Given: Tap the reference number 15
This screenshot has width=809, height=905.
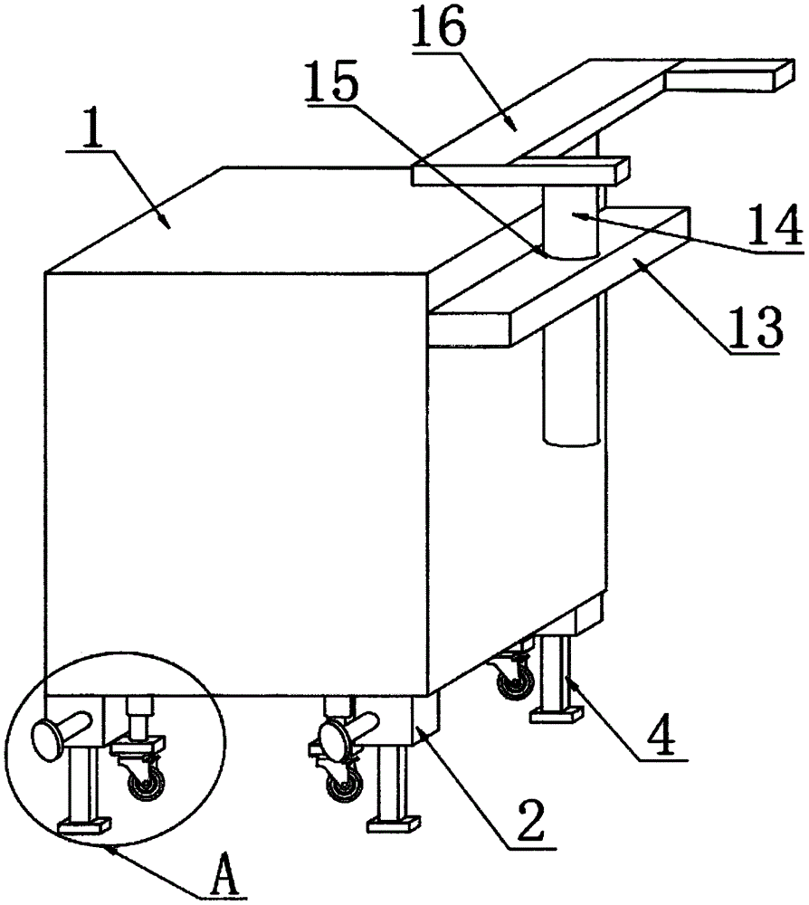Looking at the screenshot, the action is click(x=331, y=87).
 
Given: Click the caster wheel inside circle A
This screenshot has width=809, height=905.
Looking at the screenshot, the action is click(x=148, y=779).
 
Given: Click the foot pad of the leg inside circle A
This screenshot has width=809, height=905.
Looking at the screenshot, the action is click(x=83, y=824).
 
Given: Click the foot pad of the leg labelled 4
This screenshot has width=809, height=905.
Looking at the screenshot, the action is click(x=555, y=716).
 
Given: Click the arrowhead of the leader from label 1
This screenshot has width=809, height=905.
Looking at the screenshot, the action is click(x=162, y=219).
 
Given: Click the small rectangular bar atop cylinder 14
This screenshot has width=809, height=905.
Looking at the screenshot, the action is click(x=519, y=171).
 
